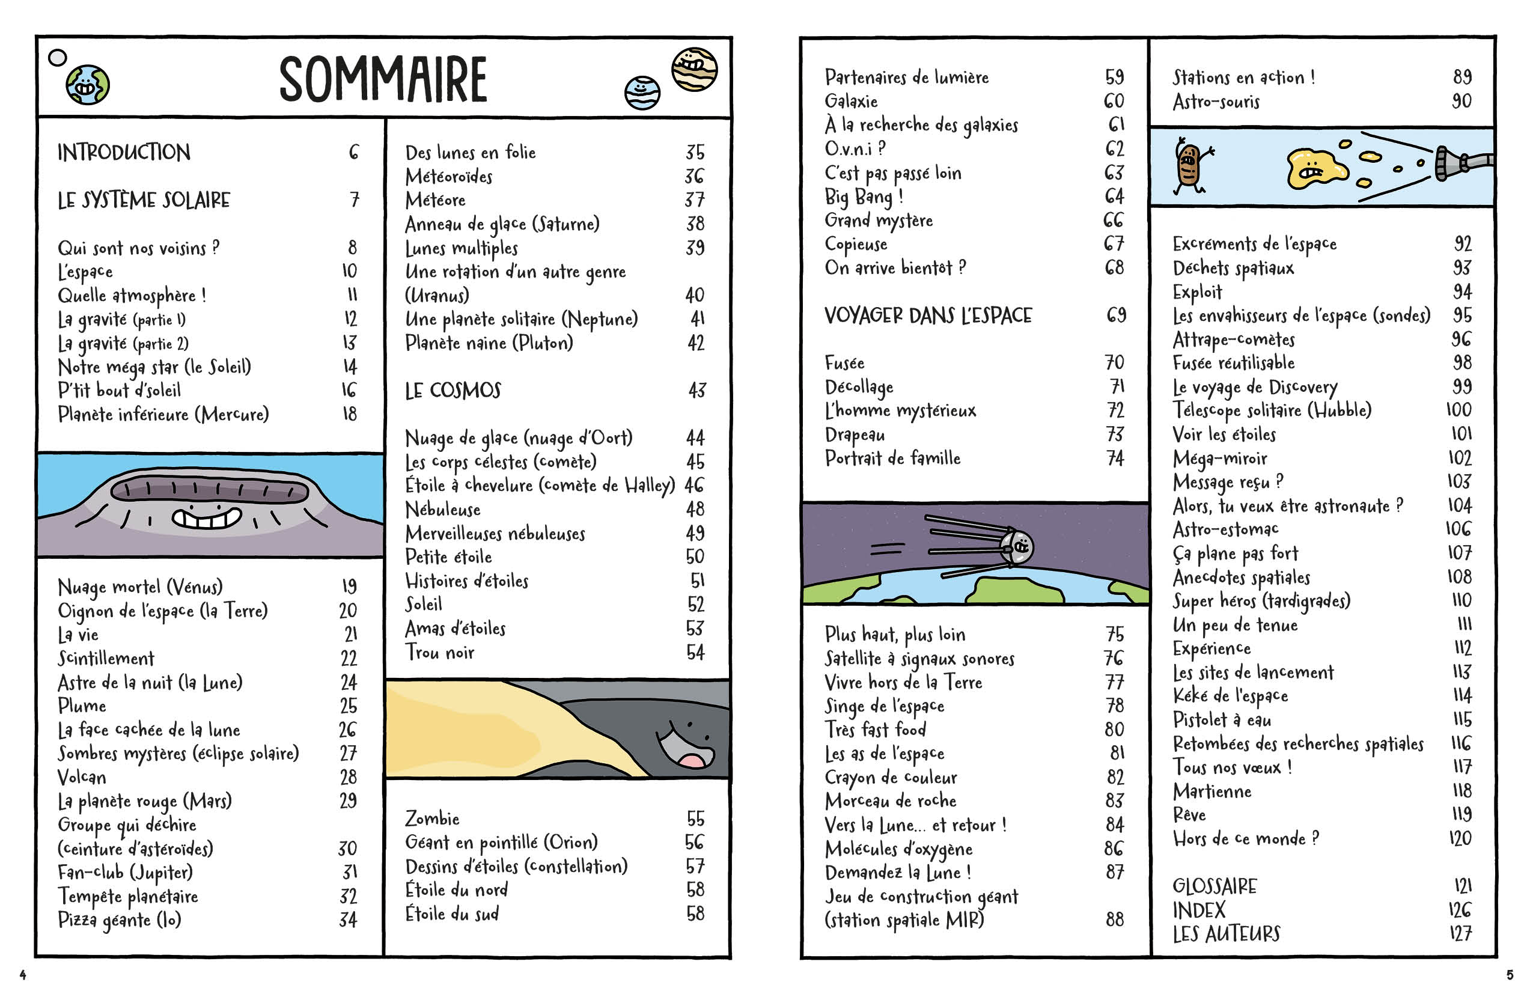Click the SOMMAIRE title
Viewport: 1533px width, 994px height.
tap(383, 79)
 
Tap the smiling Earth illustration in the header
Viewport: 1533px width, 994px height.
tap(88, 84)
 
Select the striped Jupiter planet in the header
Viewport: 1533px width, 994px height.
tap(694, 69)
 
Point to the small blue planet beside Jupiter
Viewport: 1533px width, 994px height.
tap(642, 93)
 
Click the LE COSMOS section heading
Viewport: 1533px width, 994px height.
tap(453, 391)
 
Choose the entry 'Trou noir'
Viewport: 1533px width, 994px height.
tap(440, 653)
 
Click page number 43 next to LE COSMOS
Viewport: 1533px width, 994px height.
tap(697, 391)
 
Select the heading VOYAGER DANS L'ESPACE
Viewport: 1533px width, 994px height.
tap(928, 315)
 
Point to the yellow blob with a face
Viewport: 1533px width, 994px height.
tap(1314, 169)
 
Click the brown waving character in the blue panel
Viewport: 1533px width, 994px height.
tap(1189, 165)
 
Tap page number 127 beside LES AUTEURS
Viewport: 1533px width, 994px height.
tap(1460, 933)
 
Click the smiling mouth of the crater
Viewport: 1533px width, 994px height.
tap(207, 517)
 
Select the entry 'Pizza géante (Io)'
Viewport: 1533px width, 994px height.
tap(120, 919)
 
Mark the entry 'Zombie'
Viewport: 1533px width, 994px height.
tap(432, 819)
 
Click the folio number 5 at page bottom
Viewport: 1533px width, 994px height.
tap(1510, 975)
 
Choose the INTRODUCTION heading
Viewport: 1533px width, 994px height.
tap(124, 153)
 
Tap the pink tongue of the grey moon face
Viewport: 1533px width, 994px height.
tap(692, 760)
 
